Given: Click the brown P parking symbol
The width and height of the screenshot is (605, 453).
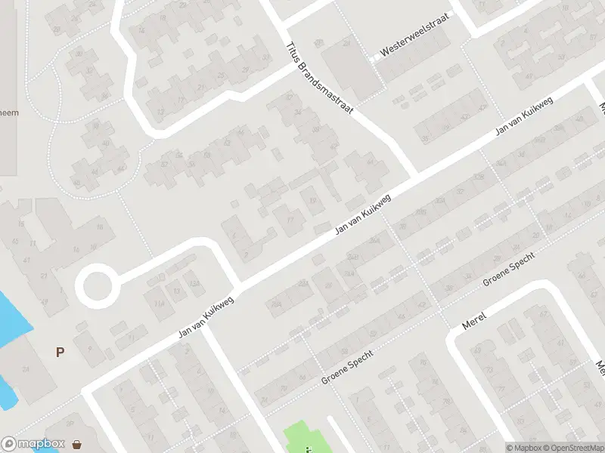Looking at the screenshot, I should [x=60, y=352].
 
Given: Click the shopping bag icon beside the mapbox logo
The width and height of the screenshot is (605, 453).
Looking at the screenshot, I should [x=77, y=444].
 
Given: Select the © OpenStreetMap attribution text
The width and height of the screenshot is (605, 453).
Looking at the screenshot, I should [x=573, y=448].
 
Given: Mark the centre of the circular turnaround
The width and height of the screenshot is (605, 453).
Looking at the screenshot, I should [x=97, y=286].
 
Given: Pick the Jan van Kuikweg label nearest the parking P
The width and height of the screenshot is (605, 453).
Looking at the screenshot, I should [x=206, y=316].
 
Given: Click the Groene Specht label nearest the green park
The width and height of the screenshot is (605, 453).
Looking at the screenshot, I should [x=348, y=366].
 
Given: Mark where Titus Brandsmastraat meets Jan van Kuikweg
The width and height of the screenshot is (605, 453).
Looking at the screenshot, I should [x=414, y=179].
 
